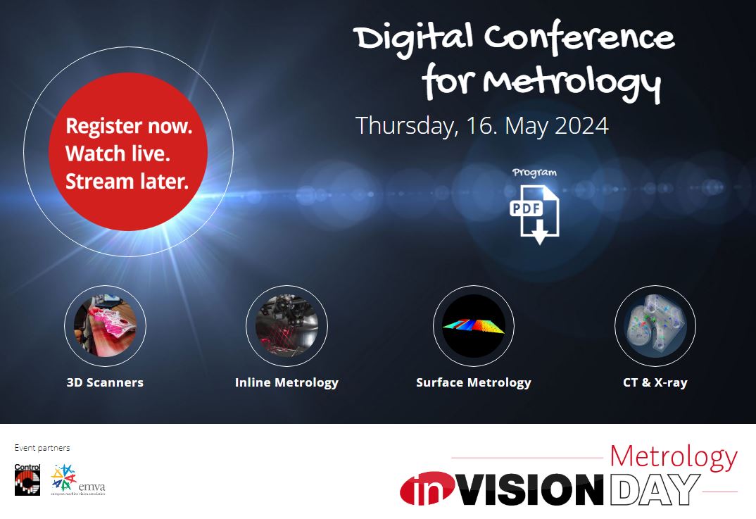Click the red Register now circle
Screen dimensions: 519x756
click(127, 153)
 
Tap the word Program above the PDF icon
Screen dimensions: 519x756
click(534, 173)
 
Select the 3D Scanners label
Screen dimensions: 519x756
click(105, 383)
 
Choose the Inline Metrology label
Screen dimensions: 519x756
click(286, 383)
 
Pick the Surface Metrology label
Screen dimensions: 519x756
click(473, 383)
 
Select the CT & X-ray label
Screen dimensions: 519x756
click(655, 383)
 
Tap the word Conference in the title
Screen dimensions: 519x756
click(588, 39)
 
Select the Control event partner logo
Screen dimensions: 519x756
click(27, 479)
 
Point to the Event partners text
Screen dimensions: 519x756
click(42, 448)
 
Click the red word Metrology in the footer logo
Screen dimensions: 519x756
click(673, 457)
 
